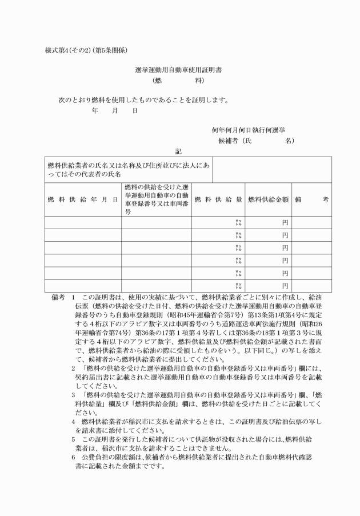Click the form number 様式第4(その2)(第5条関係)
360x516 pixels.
point(86,50)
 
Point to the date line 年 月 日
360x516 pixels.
point(114,111)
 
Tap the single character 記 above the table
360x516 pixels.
point(178,151)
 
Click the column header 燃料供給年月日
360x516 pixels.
point(83,199)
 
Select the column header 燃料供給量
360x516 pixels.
point(218,199)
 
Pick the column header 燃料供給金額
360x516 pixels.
point(267,199)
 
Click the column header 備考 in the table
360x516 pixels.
point(311,199)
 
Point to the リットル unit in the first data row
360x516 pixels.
point(239,222)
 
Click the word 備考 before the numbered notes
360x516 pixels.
point(59,298)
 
